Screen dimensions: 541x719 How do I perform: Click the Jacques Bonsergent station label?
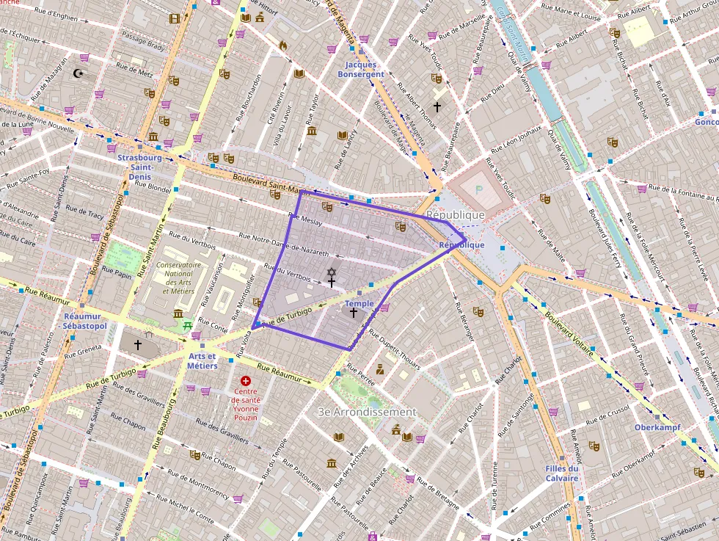point(360,70)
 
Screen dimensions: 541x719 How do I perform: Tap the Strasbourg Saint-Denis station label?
point(139,167)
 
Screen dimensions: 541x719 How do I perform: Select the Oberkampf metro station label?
point(657,427)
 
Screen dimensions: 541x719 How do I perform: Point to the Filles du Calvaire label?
point(562,473)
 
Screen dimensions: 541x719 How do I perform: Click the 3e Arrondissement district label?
point(367,412)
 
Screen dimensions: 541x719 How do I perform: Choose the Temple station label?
point(359,303)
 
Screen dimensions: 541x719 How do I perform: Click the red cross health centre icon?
point(246,382)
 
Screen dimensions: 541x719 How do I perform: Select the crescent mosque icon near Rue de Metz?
point(79,73)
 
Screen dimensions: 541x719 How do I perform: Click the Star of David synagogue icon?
point(331,272)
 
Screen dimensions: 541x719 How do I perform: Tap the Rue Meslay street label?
point(305,219)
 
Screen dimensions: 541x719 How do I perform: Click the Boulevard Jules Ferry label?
point(604,241)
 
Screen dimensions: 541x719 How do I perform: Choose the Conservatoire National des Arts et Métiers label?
point(178,277)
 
